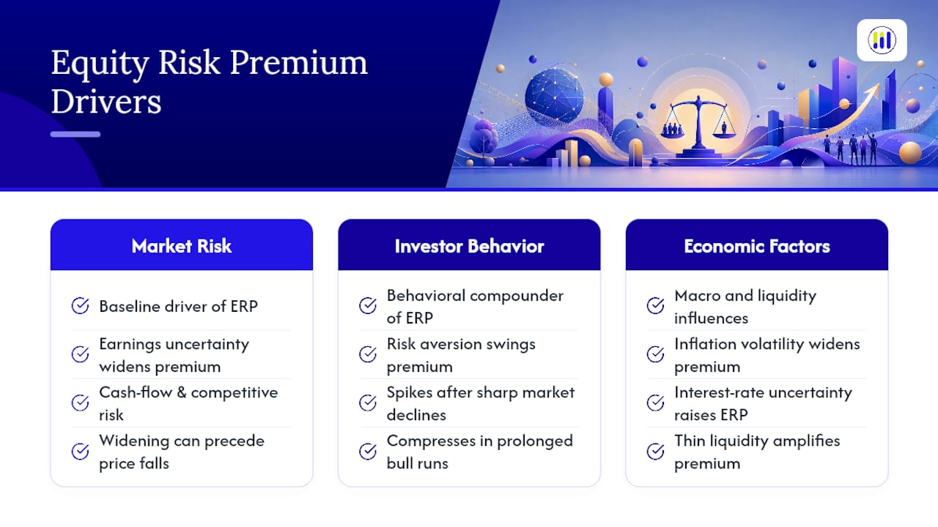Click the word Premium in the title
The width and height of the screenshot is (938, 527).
point(298,64)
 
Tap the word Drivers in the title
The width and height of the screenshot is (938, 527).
point(106,101)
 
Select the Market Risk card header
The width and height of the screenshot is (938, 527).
point(181,244)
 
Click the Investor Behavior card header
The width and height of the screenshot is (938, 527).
point(469,244)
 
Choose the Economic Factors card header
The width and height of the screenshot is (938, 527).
point(757,244)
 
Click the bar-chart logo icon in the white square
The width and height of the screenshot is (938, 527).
point(882,40)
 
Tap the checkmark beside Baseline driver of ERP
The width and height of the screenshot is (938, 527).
point(80,306)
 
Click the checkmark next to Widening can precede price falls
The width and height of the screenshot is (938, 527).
point(80,452)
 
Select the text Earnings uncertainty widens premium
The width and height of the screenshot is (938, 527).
point(174,355)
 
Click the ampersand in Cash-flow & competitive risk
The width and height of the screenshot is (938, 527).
point(181,392)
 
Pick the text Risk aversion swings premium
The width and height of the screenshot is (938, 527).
point(461,355)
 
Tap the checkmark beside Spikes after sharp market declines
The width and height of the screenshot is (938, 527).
point(368,403)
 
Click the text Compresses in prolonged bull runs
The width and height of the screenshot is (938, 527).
point(480,452)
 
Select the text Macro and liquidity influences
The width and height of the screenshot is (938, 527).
point(745,307)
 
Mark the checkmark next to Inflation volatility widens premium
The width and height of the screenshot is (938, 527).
point(655,354)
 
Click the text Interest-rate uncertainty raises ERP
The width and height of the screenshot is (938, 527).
point(763,403)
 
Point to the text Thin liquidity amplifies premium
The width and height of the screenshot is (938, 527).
point(757,452)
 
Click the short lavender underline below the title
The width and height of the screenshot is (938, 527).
point(75,134)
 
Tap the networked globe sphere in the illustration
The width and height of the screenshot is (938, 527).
point(553,96)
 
